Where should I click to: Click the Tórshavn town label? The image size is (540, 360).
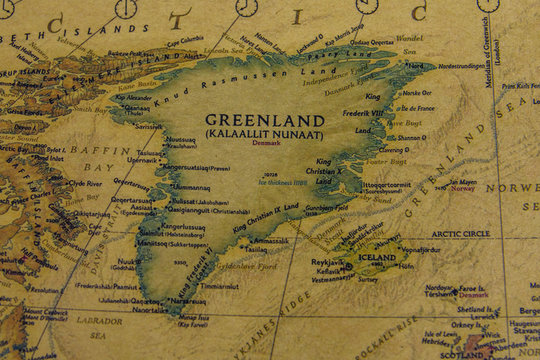pos(441,296)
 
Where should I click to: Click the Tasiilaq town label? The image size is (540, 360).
pos(271,240)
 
